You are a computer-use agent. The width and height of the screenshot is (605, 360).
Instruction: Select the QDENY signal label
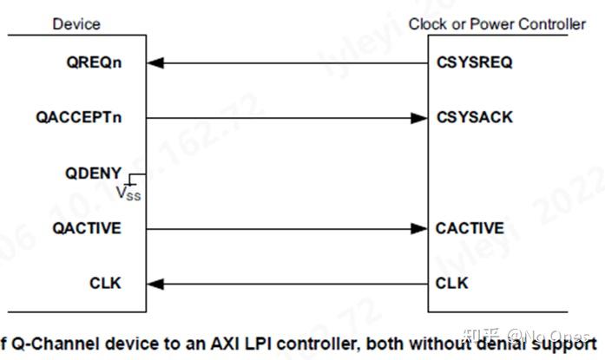pyautogui.click(x=93, y=173)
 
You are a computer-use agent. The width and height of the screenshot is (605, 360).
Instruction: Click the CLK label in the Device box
pyautogui.click(x=105, y=284)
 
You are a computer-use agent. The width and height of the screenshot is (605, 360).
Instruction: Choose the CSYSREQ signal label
pyautogui.click(x=475, y=62)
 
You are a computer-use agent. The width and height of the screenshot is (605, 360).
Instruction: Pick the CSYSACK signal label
pyautogui.click(x=475, y=118)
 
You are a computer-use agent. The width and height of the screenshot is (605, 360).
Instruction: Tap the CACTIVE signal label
pyautogui.click(x=470, y=229)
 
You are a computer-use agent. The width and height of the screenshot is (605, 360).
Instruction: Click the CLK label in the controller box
pyautogui.click(x=452, y=284)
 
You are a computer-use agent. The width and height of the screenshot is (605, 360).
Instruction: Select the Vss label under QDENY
pyautogui.click(x=128, y=193)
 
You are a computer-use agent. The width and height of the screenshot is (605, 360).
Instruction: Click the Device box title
pyautogui.click(x=76, y=24)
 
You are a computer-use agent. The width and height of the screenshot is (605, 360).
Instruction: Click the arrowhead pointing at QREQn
pyautogui.click(x=155, y=62)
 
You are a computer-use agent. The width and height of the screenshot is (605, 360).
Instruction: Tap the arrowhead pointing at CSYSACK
pyautogui.click(x=420, y=118)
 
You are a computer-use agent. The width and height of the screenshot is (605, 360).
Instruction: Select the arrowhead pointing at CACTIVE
pyautogui.click(x=420, y=229)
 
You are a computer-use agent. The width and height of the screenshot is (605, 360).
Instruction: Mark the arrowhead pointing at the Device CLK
pyautogui.click(x=155, y=284)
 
